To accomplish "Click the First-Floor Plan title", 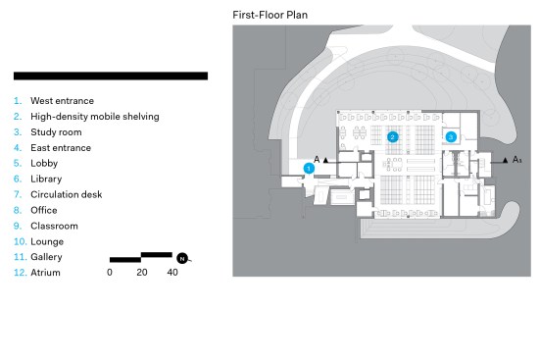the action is click(x=270, y=15).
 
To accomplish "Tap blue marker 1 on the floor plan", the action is click(x=309, y=169).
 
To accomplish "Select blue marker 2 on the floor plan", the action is click(x=393, y=137).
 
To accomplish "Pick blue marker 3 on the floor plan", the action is click(x=451, y=137).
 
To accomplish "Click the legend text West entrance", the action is click(x=62, y=101).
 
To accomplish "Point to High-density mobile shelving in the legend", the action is click(x=95, y=117).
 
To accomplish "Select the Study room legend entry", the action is click(x=56, y=132).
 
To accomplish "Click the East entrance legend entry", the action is click(x=61, y=148).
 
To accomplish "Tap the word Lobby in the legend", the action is click(x=44, y=164).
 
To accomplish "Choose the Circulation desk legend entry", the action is click(x=66, y=194).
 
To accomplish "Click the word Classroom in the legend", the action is click(x=54, y=226).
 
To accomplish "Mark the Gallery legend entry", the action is click(x=46, y=257).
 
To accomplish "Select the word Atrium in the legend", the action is click(x=45, y=273).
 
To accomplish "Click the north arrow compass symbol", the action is click(x=182, y=258).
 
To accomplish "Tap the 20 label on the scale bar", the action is click(x=142, y=273).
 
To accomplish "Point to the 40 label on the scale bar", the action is click(x=172, y=273).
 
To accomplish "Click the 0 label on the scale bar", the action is click(x=110, y=273).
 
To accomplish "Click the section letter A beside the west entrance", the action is click(x=317, y=159).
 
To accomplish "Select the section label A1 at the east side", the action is click(x=516, y=159).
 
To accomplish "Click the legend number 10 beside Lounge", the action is click(x=20, y=241).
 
